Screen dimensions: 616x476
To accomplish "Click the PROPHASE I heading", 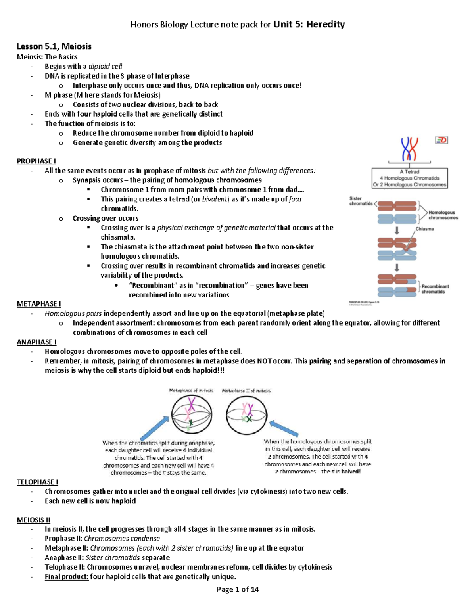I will coord(36,161).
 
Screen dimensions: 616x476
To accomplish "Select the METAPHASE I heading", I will coord(38,304).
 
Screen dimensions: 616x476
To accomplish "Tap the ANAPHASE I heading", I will coord(36,342).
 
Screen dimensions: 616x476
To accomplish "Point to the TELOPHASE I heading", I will coord(37,482).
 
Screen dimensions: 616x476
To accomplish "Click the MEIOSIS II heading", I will coord(33,520).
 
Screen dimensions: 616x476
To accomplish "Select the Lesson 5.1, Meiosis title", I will coord(54,46).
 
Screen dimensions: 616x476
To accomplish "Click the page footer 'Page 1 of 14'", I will coord(238,589).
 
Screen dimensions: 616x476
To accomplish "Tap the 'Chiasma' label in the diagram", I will coord(424,229).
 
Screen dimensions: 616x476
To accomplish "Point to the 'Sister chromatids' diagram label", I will coord(361,201).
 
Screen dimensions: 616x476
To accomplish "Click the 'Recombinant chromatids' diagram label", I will coord(435,289).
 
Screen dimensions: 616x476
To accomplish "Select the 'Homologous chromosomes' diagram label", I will coord(443,215).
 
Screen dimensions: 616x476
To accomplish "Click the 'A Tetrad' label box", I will coord(409,178).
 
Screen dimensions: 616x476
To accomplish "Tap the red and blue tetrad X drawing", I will coord(409,149).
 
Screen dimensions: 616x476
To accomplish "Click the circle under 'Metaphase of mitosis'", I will coord(192,415).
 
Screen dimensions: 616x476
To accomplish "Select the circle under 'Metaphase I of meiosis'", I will coord(246,415).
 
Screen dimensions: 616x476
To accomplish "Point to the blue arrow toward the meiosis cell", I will coord(284,429).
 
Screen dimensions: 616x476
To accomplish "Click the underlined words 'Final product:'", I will coord(66,577).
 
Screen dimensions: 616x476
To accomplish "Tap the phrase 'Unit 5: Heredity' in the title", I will coord(309,25).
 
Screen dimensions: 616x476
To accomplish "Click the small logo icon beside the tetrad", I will coord(441,140).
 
